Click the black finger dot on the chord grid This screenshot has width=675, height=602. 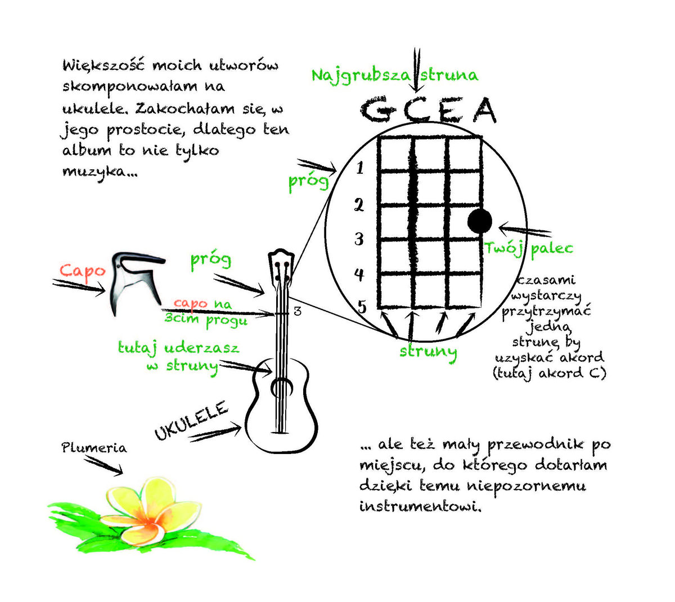(480, 221)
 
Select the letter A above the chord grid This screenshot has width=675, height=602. (484, 111)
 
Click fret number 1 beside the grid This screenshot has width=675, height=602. (360, 167)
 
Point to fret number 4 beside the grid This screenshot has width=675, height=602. (359, 275)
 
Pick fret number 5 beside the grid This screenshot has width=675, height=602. (362, 307)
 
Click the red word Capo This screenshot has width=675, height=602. (83, 270)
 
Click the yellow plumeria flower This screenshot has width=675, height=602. (149, 511)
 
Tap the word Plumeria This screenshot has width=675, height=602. (94, 448)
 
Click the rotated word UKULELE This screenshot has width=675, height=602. (191, 420)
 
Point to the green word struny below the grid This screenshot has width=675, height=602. (428, 352)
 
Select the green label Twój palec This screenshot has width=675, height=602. (529, 248)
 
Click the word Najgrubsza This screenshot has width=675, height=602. (361, 75)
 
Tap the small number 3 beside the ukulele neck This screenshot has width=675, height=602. (298, 311)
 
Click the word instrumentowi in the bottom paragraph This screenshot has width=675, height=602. (421, 506)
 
